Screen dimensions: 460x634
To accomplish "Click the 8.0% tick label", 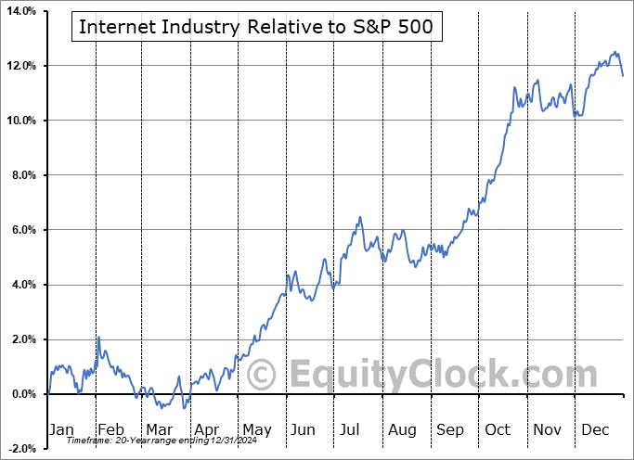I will pos(19,175).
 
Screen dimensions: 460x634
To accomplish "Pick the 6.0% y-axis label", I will pos(19,230).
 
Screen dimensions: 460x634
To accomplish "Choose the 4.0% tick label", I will pos(19,285).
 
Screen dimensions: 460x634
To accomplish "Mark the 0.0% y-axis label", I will pos(19,394).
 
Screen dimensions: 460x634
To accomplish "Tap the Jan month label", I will pos(60,430).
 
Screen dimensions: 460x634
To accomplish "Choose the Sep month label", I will pos(450,430).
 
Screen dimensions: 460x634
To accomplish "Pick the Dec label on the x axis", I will pos(595,430).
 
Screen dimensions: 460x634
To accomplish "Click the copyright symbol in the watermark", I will pos(263,376).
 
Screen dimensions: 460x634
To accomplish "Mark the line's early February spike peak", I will pos(98,337).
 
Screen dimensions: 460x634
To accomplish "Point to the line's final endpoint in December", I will pos(623,75).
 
